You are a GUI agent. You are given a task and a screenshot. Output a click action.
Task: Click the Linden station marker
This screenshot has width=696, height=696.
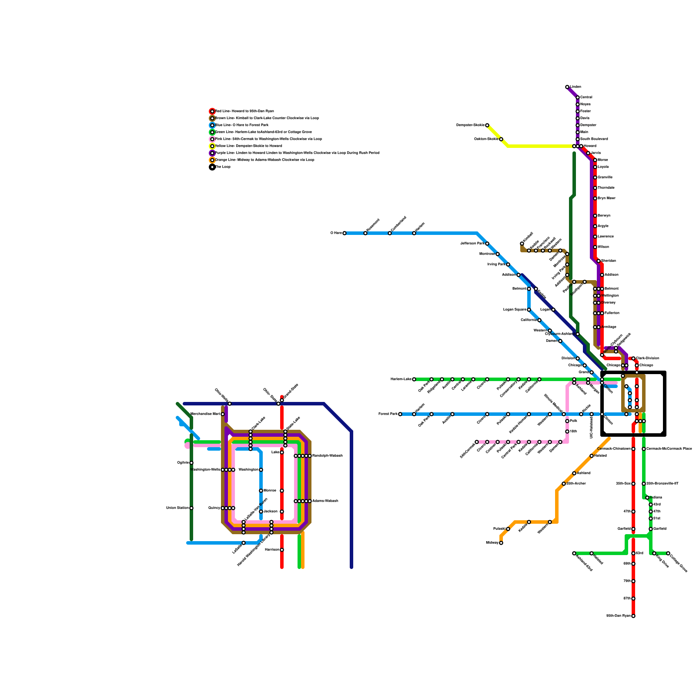(x=567, y=87)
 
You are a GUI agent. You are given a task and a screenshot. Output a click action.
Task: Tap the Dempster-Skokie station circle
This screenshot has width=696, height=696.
(x=487, y=125)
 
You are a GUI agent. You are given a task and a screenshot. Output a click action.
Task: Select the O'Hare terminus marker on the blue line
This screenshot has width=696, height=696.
(x=345, y=233)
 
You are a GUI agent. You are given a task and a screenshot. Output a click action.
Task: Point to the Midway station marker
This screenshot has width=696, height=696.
(x=501, y=543)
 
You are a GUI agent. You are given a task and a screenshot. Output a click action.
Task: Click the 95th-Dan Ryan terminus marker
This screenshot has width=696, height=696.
(x=633, y=616)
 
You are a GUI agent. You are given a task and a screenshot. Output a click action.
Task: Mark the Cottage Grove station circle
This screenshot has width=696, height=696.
(x=668, y=553)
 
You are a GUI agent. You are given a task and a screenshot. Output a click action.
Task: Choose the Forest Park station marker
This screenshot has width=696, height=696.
(x=400, y=414)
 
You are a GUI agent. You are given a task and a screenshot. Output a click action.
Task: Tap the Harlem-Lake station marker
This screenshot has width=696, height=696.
(x=414, y=379)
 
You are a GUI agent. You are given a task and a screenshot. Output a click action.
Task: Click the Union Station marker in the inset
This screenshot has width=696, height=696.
(x=191, y=508)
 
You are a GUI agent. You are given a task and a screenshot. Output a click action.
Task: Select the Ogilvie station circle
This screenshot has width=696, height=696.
(x=191, y=463)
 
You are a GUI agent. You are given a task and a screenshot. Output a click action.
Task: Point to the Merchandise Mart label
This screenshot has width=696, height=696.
(x=205, y=414)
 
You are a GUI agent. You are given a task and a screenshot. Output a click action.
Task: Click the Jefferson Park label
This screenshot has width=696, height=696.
(x=472, y=244)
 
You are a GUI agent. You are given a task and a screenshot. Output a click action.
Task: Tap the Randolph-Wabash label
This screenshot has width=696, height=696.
(x=327, y=456)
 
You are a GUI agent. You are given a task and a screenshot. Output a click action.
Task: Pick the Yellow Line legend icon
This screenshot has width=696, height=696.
(x=212, y=146)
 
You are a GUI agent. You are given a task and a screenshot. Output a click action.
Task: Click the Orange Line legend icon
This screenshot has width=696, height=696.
(x=212, y=160)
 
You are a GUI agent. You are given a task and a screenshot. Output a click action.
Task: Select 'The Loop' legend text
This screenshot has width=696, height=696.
(x=223, y=167)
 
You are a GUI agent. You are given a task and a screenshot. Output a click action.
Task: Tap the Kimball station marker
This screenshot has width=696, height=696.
(x=522, y=244)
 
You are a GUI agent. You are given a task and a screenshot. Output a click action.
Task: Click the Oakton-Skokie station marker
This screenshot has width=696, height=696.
(x=501, y=139)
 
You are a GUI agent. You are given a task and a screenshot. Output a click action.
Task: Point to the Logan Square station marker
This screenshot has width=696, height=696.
(x=529, y=310)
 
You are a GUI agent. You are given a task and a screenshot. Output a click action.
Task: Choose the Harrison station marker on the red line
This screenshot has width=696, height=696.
(x=282, y=550)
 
